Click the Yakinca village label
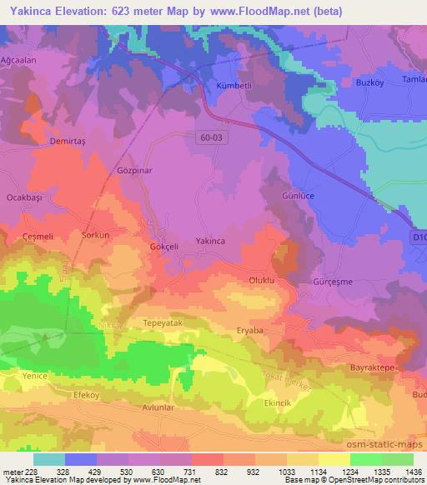click(x=210, y=241)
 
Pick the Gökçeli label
click(x=162, y=247)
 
